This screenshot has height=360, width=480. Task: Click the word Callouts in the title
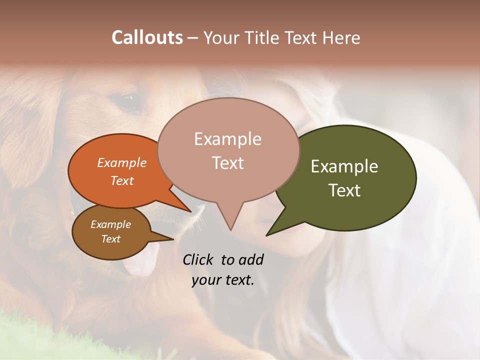[147, 37]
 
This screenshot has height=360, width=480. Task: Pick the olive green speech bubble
[350, 177]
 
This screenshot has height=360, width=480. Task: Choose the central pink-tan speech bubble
[227, 150]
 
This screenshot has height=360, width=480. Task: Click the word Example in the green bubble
[344, 166]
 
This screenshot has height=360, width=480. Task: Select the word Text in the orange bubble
[122, 180]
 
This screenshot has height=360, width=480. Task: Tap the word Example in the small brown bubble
[110, 224]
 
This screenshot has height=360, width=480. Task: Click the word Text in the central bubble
[228, 163]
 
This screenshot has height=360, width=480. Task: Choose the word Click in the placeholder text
[199, 259]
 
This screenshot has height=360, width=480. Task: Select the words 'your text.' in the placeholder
[223, 280]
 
